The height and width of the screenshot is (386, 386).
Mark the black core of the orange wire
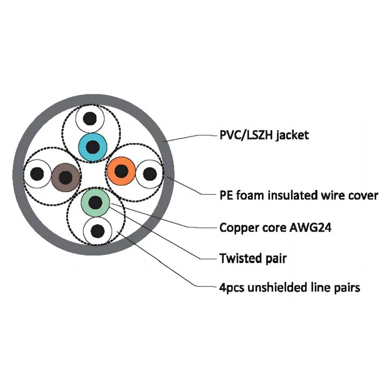[121, 171]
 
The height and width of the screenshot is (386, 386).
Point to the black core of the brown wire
[66, 177]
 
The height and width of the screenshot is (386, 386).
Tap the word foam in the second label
[250, 195]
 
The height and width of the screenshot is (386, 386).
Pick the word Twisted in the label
[239, 258]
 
